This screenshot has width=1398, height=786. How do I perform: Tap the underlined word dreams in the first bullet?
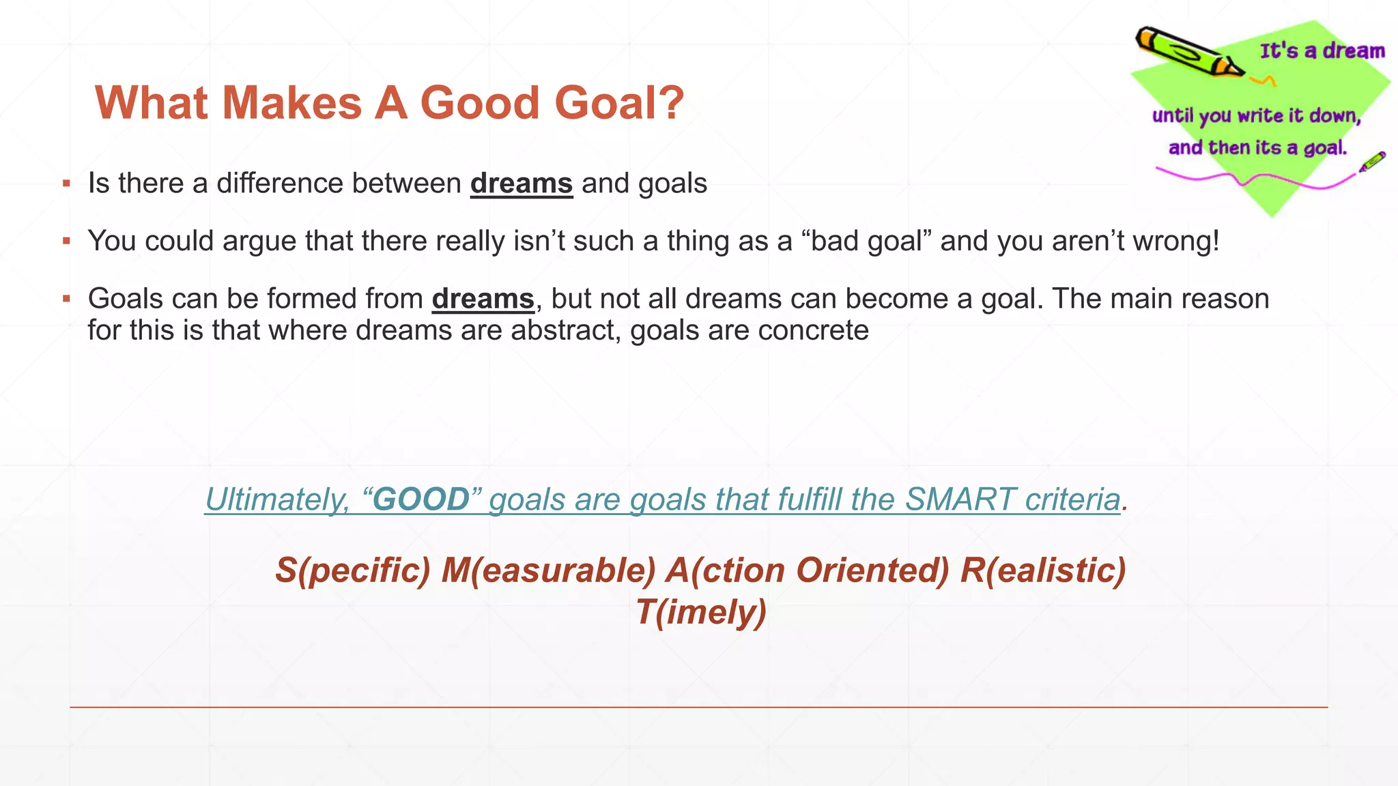click(521, 184)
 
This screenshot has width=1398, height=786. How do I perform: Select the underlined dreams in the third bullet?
click(483, 299)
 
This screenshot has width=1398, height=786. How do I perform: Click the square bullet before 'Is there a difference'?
click(66, 183)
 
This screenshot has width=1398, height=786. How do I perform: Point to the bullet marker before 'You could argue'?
click(66, 240)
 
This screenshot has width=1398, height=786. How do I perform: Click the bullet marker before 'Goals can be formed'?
click(66, 298)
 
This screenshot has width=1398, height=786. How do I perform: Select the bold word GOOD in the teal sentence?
click(421, 499)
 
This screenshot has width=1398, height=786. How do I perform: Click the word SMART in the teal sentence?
click(960, 499)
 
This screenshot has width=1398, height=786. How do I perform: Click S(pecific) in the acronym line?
click(353, 570)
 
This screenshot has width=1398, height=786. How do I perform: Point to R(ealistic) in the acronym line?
click(1042, 570)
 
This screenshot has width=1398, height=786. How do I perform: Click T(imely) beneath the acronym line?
click(701, 612)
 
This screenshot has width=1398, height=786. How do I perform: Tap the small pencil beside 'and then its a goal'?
click(1372, 162)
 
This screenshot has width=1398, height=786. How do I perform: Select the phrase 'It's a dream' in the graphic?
click(1322, 51)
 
